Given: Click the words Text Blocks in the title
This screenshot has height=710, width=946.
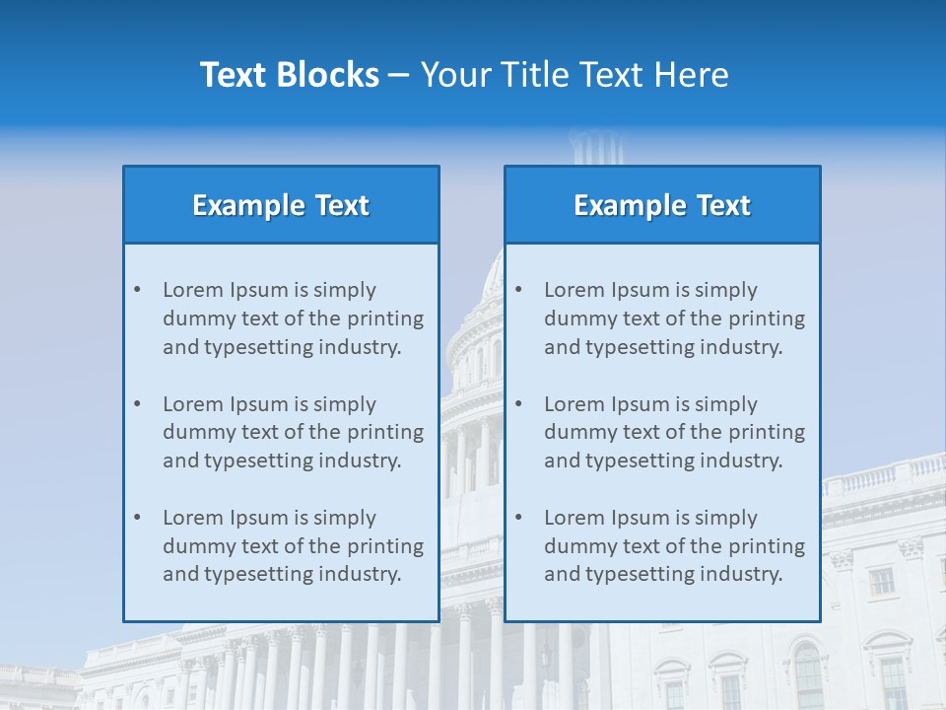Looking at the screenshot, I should point(289,75).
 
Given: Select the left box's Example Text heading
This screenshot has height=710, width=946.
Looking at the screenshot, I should point(281,205).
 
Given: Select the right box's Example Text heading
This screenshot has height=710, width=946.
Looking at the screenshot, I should point(662,205).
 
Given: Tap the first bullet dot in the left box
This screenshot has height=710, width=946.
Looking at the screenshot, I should point(137,290).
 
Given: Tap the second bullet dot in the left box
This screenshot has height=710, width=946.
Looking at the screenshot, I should point(137,404).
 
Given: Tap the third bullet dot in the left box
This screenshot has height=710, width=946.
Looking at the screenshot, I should point(137,518).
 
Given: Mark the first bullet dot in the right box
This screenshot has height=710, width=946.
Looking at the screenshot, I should point(518,290).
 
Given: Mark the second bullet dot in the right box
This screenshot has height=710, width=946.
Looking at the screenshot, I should point(518,404).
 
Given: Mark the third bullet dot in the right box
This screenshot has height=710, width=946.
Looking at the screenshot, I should point(518,518).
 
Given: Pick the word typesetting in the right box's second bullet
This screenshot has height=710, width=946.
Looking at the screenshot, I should point(640,461).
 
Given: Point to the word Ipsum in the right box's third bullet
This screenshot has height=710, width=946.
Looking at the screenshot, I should point(641,518).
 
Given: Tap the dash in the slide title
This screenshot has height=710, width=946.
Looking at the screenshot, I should point(399,76).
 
